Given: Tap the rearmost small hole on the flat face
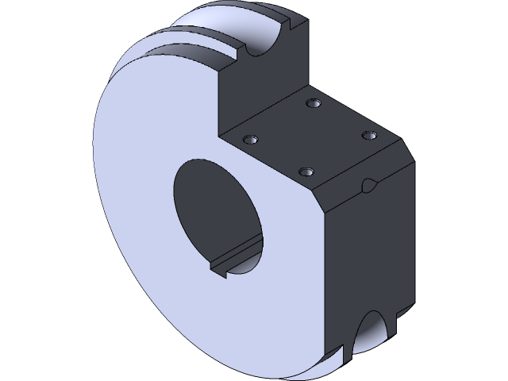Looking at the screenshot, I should (x=314, y=103).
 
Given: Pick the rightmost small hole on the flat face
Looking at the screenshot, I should (x=368, y=136).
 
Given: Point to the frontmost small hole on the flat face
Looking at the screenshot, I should (x=306, y=171).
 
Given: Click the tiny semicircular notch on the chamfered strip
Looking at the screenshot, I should (x=370, y=186).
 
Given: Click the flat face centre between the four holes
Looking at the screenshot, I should (x=310, y=137).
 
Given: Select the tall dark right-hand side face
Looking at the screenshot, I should (x=369, y=254).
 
